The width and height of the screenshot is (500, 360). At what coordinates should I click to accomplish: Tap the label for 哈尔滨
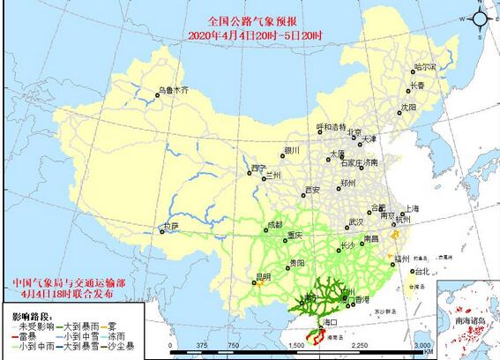coord(425,66)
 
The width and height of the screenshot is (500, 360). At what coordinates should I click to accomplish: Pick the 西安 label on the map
coord(310,189)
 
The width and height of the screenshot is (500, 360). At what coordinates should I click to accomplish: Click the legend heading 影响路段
coord(32,315)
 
